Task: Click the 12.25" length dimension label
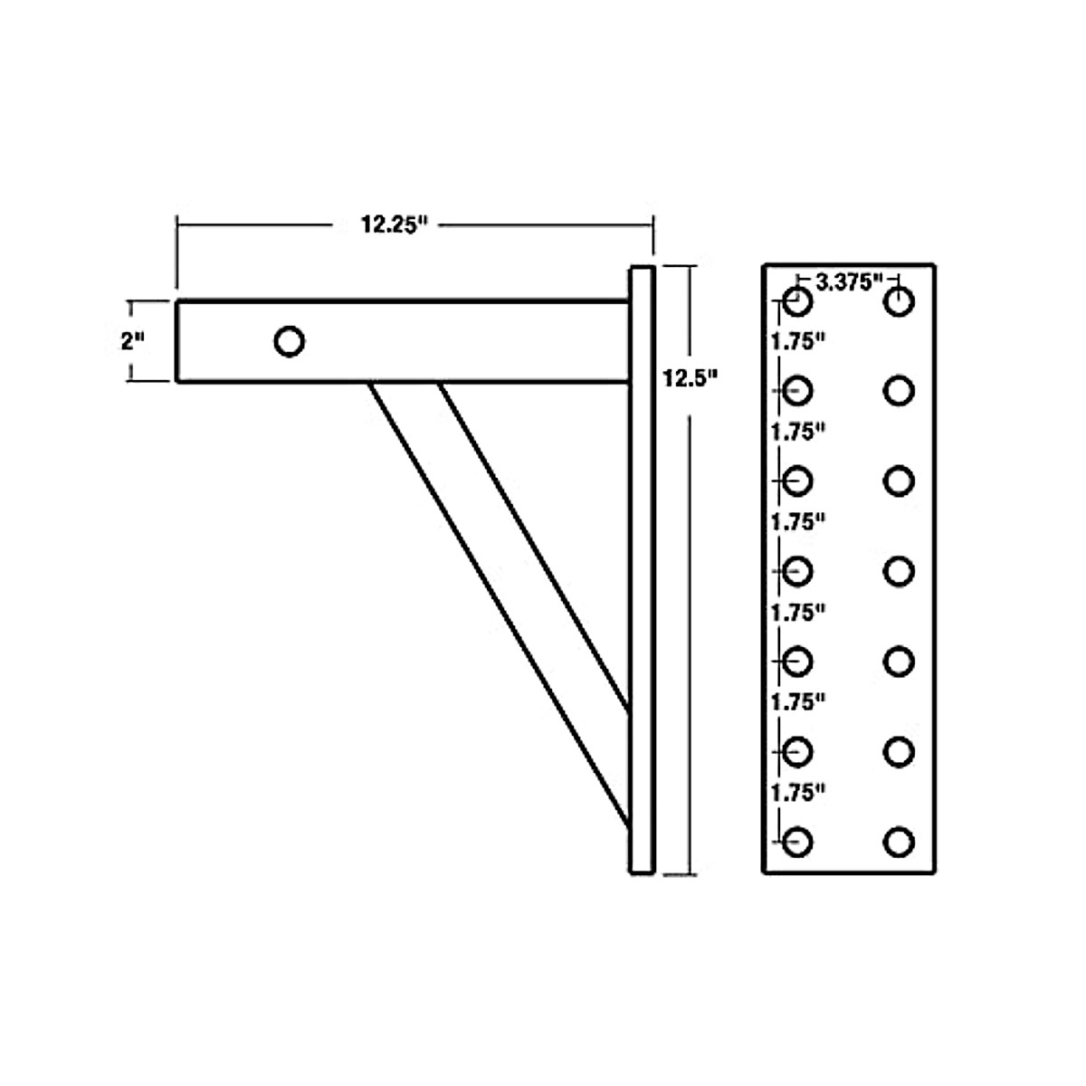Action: pos(393,224)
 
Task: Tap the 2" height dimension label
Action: pos(133,342)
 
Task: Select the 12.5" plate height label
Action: pos(689,379)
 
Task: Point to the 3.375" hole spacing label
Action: pos(849,281)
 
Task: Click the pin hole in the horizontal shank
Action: pos(289,342)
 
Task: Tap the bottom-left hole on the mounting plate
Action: pos(797,843)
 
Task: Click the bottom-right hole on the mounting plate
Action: pos(899,843)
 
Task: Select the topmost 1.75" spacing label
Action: pos(798,343)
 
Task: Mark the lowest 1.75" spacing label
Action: pos(798,793)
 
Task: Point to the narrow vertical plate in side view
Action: pos(641,570)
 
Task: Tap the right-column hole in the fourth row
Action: pos(899,571)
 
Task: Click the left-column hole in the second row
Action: pos(797,391)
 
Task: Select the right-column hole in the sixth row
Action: pos(899,752)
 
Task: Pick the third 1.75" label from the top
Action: pos(798,522)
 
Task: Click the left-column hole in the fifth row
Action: pos(797,662)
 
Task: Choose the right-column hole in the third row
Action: pos(899,481)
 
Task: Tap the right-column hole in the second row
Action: pos(899,391)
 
